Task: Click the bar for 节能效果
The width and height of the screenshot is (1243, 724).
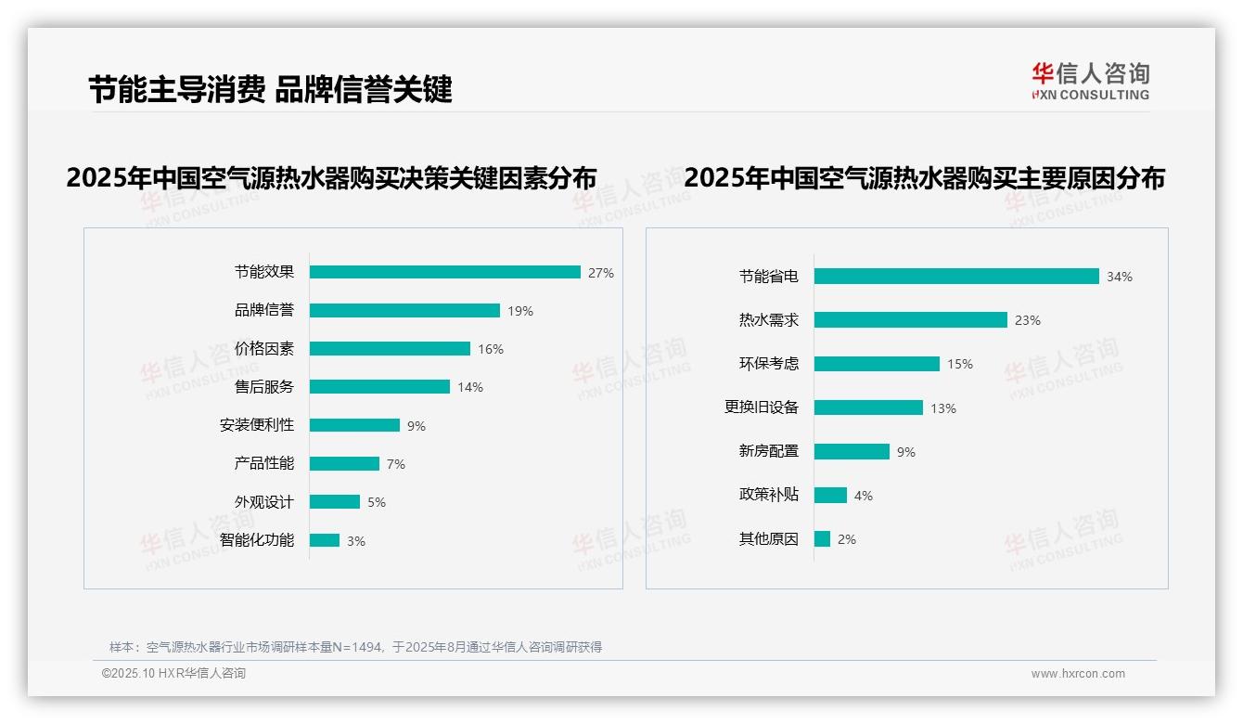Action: tap(445, 272)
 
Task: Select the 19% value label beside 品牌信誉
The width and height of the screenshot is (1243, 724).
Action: tap(520, 311)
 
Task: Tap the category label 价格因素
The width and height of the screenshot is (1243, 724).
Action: tap(263, 349)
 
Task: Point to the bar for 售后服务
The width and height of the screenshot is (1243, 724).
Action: tap(379, 387)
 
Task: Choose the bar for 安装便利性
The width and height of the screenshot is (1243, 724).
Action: tap(354, 425)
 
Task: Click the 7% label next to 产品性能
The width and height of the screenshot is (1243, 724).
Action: tap(396, 464)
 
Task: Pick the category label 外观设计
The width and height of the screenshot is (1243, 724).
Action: tap(263, 502)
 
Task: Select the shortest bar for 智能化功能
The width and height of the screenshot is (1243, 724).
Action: tap(325, 540)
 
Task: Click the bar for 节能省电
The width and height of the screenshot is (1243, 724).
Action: tap(956, 276)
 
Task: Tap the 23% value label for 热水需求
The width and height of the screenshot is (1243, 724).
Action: tap(1028, 320)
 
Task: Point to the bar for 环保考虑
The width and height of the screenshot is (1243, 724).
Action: tap(877, 364)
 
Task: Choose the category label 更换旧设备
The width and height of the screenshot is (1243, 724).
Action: tap(762, 407)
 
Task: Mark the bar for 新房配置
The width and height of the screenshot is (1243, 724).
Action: tap(852, 451)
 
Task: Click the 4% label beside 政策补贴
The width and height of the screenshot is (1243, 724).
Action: tap(864, 496)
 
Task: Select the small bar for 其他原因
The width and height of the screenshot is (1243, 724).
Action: tap(822, 539)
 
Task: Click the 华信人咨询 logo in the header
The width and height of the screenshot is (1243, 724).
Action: tap(1090, 82)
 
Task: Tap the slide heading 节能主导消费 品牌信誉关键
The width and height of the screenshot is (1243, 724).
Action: tap(270, 89)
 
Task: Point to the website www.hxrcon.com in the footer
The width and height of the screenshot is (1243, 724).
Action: tap(1078, 674)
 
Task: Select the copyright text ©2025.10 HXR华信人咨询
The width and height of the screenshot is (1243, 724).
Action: tap(173, 674)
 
